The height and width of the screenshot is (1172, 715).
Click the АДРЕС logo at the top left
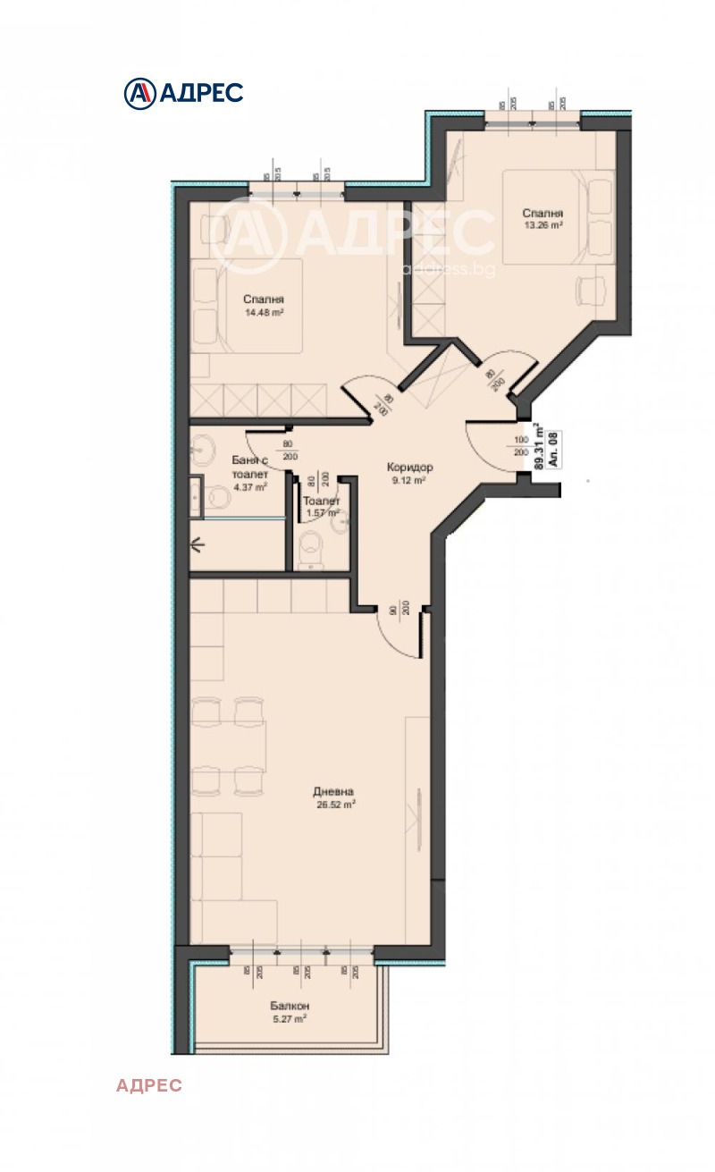pyautogui.click(x=183, y=92)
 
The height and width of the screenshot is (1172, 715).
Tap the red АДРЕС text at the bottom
pyautogui.click(x=148, y=1085)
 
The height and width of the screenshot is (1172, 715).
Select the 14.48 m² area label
pyautogui.click(x=264, y=313)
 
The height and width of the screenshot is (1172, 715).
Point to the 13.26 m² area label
pyautogui.click(x=543, y=225)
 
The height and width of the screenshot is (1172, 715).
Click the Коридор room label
pyautogui.click(x=409, y=468)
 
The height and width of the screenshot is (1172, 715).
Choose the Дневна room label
pyautogui.click(x=334, y=791)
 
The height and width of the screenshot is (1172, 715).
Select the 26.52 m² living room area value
pyautogui.click(x=335, y=804)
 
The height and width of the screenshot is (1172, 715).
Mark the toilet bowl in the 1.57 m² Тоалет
pyautogui.click(x=311, y=547)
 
